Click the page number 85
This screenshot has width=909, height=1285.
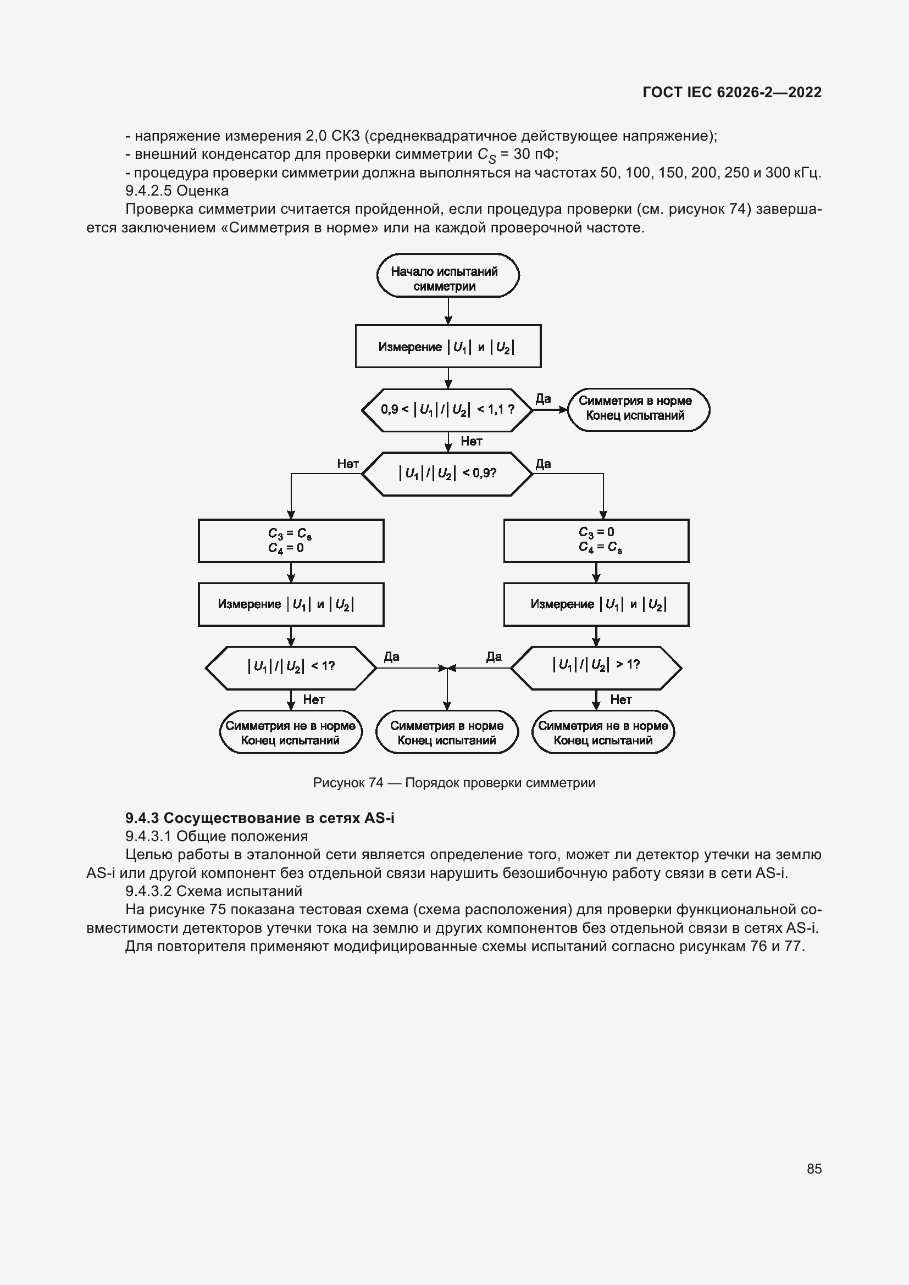pyautogui.click(x=814, y=1168)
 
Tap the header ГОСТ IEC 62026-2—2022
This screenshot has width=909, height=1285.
pyautogui.click(x=732, y=92)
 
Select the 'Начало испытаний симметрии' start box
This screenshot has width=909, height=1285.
pyautogui.click(x=448, y=276)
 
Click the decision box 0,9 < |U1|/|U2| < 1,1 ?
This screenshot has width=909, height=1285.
pyautogui.click(x=447, y=410)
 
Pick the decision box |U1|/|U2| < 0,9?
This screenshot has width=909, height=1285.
pyautogui.click(x=447, y=474)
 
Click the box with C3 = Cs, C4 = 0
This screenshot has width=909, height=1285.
pyautogui.click(x=291, y=541)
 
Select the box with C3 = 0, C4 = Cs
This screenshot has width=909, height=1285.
pyautogui.click(x=596, y=541)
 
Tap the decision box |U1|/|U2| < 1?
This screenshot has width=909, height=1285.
pyautogui.click(x=291, y=667)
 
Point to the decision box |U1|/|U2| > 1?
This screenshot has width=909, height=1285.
pyautogui.click(x=596, y=667)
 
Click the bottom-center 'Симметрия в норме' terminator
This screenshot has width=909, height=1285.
pyautogui.click(x=447, y=732)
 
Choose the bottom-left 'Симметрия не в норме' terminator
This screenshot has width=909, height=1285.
pyautogui.click(x=291, y=732)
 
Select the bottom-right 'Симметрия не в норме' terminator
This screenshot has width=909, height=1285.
pyautogui.click(x=603, y=732)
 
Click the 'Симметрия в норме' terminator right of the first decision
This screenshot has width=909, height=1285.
pyautogui.click(x=638, y=409)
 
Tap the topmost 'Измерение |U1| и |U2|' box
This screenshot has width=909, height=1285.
pyautogui.click(x=448, y=347)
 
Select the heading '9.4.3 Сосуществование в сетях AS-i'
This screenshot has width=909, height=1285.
pyautogui.click(x=260, y=818)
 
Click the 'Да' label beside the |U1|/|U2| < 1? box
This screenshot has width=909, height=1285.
pyautogui.click(x=391, y=657)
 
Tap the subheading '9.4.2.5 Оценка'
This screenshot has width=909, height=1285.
pyautogui.click(x=177, y=191)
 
